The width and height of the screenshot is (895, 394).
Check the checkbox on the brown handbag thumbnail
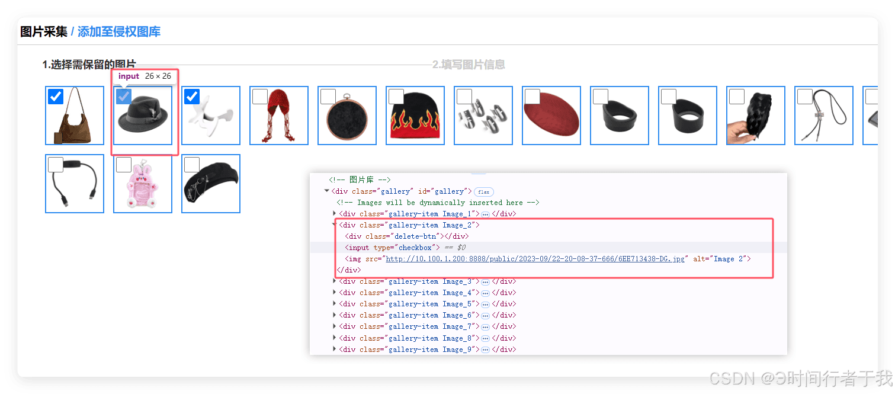[56, 97]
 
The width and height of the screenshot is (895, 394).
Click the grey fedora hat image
[143, 116]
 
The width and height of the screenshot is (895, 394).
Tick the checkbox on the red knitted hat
[259, 97]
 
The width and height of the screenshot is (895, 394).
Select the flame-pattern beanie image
[415, 116]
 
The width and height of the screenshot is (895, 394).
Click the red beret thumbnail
[551, 116]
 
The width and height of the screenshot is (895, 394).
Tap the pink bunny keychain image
[143, 184]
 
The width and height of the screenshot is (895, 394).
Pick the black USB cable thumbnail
[75, 184]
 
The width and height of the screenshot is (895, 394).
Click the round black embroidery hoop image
[347, 116]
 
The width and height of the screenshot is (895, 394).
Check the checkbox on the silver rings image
[464, 97]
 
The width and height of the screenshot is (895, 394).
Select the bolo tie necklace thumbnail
[824, 116]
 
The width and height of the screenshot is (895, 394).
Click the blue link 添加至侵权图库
[119, 31]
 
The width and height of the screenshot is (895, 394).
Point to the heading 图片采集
[44, 31]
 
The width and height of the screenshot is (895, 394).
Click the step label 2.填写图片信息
[469, 65]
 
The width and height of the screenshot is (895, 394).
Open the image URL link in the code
[535, 259]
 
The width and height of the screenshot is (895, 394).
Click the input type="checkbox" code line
[392, 248]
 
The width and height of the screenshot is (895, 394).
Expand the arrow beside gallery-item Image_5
[335, 304]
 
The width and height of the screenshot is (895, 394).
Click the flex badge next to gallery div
[484, 192]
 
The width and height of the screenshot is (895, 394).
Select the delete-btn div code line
[407, 236]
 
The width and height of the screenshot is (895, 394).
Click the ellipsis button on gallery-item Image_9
[486, 350]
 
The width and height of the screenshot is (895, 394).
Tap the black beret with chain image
[211, 184]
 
